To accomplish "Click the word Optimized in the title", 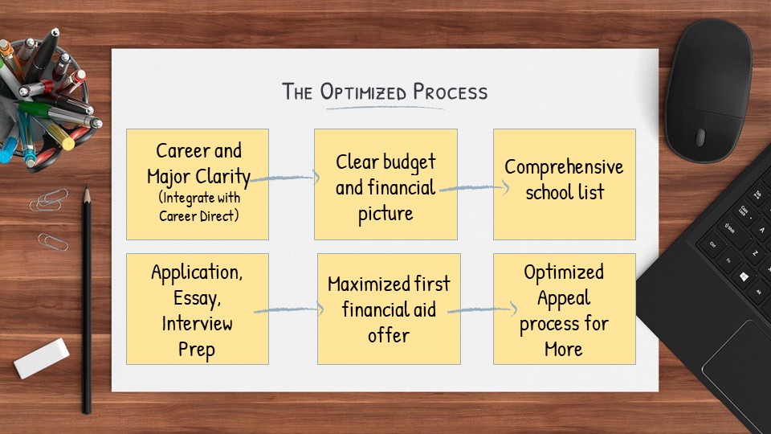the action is point(363,92).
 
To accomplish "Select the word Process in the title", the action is point(450,92).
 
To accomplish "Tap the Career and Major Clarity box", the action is point(198,185).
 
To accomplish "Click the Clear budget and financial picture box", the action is point(386,185).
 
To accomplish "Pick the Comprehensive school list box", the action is point(565,185).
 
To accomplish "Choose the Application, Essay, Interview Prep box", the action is point(198,309).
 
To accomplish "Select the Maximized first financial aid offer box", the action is point(389,309).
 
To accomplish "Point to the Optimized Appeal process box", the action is point(565,309).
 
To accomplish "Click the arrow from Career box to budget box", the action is point(285,178).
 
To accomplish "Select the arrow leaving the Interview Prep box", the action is point(289,309).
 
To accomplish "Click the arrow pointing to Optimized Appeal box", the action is point(483,309).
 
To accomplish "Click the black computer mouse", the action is point(708,91).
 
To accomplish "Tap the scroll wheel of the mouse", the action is point(700,137).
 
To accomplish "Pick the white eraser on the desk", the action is point(42,358).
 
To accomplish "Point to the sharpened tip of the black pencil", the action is point(87,186).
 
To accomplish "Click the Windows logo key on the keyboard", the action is point(744,277).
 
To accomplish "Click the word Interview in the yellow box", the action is point(198,324).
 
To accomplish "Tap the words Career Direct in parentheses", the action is point(198,216).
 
